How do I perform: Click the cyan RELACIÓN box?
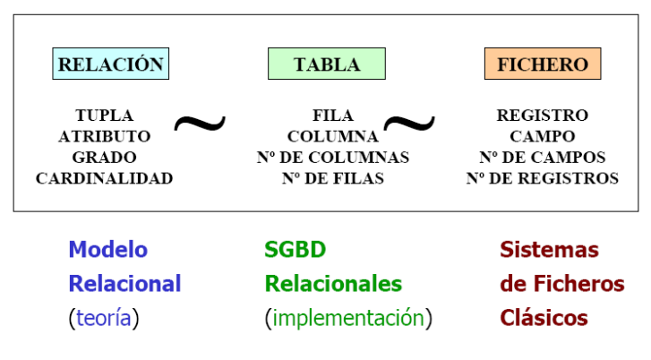point(111,64)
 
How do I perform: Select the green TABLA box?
point(327,64)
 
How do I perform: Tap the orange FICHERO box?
point(543,64)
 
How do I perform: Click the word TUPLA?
point(105,116)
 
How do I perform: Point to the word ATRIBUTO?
point(105,136)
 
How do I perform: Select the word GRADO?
point(105,157)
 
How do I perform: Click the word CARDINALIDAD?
point(105,178)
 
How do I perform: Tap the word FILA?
point(333,116)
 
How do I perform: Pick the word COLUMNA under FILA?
point(333,136)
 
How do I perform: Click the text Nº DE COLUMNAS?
point(333,157)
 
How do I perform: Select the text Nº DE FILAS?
point(333,178)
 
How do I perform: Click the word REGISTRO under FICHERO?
point(543,116)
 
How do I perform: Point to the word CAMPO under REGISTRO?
point(543,136)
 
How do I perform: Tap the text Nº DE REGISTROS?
point(543,178)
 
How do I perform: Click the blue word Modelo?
point(108,250)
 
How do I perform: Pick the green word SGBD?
point(295,250)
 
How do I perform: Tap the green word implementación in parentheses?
point(348,318)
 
